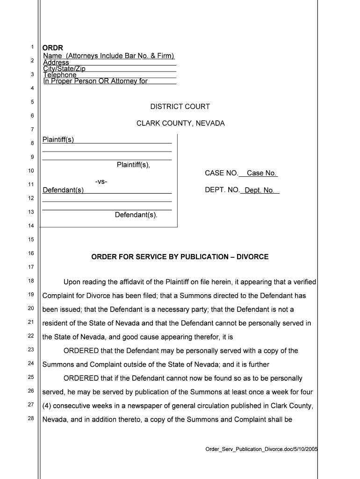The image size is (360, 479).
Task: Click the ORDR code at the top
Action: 53,48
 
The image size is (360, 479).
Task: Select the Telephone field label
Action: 60,75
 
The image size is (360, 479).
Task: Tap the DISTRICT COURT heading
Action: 180,107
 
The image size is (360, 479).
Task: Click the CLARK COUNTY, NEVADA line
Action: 180,123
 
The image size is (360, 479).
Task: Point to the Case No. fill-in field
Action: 261,174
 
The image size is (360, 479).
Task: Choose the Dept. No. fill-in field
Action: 259,190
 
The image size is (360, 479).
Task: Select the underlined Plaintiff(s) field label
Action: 58,139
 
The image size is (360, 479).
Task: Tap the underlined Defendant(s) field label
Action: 63,190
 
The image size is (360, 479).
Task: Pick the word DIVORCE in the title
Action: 252,257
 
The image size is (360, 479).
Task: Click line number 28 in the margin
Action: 31,418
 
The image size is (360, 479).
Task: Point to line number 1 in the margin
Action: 32,47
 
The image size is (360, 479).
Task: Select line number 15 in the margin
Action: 31,239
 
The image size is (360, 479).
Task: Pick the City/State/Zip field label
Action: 64,69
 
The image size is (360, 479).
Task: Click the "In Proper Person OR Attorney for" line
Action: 95,81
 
